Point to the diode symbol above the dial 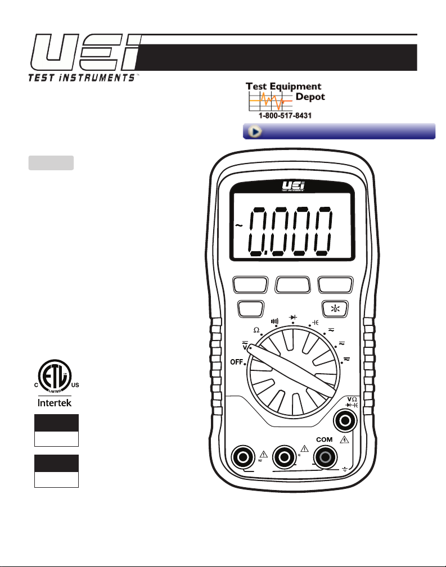tap(293, 317)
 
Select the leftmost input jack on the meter tap(245, 458)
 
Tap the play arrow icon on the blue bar tap(254, 131)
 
